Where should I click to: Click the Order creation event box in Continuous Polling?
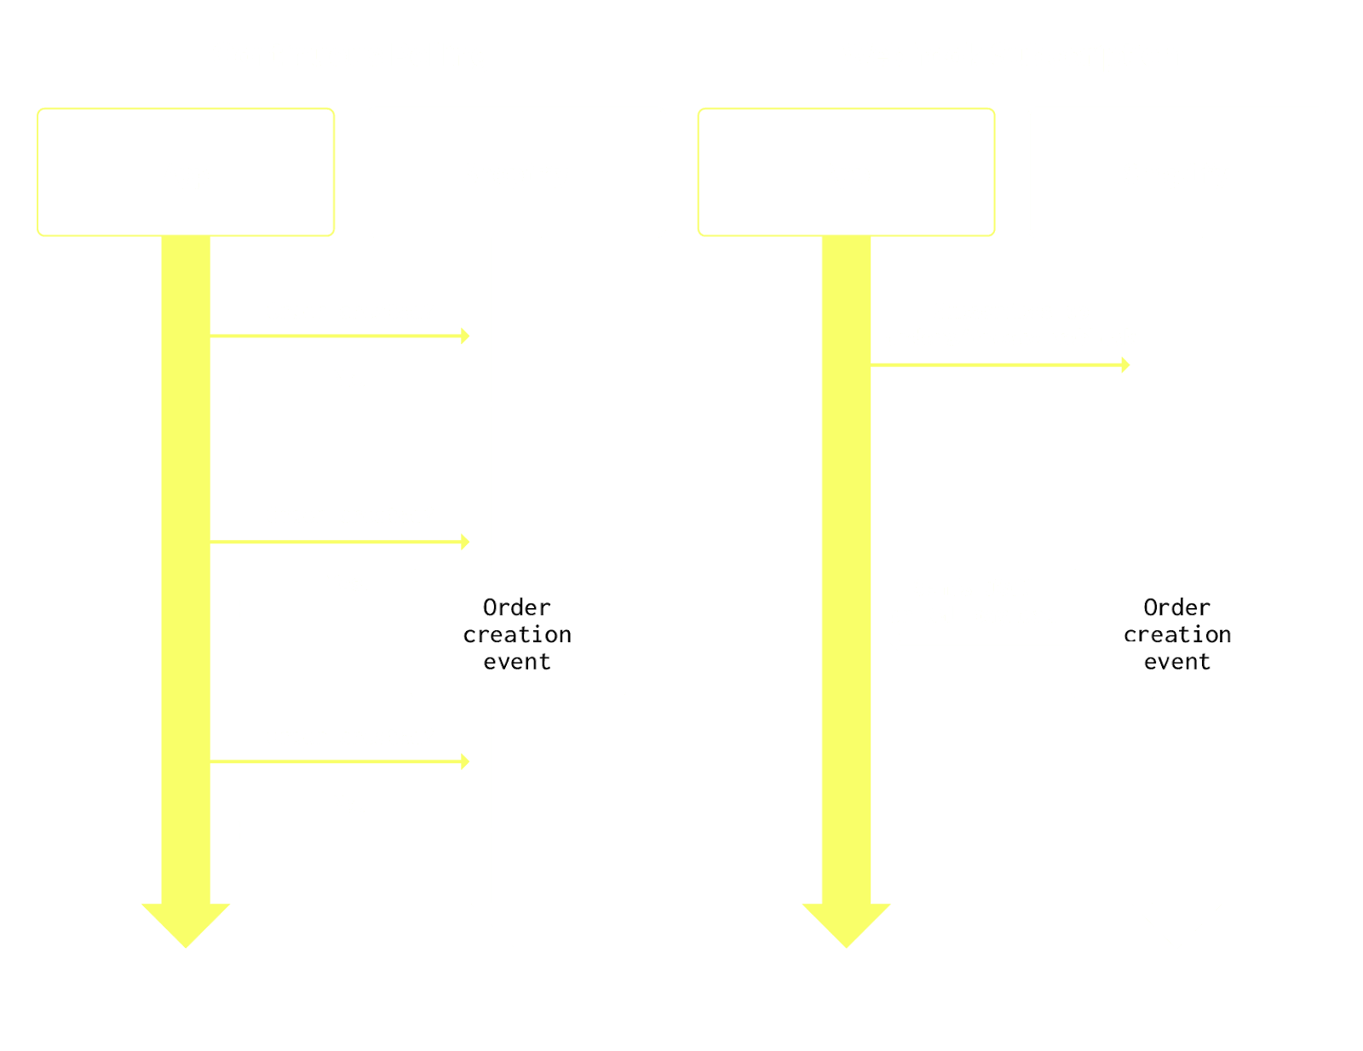(518, 634)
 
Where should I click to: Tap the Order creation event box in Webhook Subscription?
(1177, 634)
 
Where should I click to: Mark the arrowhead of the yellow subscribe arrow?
(1125, 365)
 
